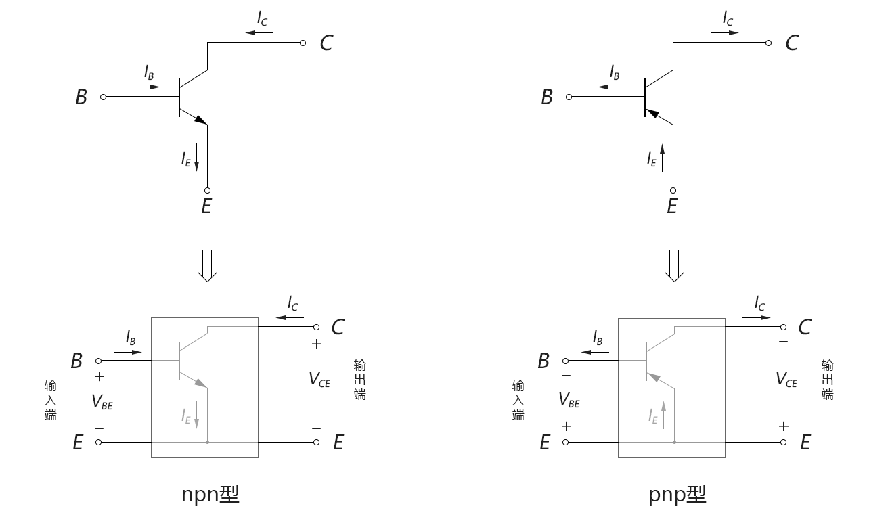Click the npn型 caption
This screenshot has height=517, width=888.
tap(210, 495)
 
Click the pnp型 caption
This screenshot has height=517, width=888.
tap(677, 495)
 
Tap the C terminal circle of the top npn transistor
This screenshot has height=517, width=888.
tap(303, 43)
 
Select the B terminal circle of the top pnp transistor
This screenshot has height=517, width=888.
tap(569, 97)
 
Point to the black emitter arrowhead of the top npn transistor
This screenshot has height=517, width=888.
tap(201, 120)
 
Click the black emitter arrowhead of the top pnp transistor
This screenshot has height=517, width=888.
tap(652, 114)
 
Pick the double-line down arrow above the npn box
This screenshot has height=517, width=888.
tap(207, 266)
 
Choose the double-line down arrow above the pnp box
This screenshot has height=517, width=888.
tap(674, 266)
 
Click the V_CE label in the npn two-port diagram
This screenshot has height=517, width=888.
tap(319, 380)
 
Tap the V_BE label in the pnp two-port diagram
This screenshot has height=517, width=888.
tap(569, 400)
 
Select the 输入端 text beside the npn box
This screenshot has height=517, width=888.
tap(50, 400)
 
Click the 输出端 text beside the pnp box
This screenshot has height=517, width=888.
tap(827, 380)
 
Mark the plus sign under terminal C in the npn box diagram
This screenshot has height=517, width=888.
tap(316, 344)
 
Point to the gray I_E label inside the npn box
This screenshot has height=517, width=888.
tap(186, 416)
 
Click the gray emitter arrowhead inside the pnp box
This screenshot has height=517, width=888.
tap(654, 377)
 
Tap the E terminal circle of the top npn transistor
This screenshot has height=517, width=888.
tap(207, 190)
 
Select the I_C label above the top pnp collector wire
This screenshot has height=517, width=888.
tap(728, 18)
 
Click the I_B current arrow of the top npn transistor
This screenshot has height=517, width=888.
tap(146, 87)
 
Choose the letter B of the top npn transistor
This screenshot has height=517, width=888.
tap(81, 97)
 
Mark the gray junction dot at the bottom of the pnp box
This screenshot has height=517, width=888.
tap(674, 442)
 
